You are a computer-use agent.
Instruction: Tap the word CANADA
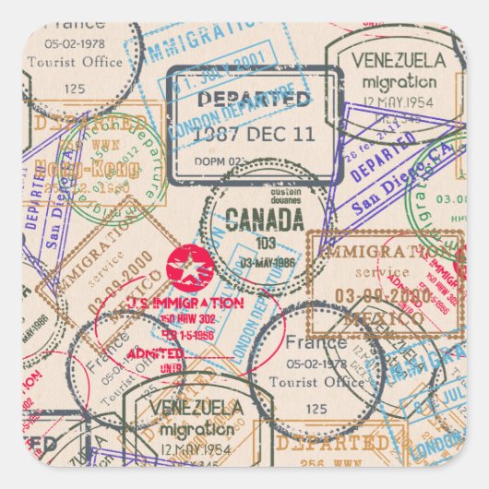pos(265,221)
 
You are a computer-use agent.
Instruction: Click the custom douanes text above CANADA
pos(266,197)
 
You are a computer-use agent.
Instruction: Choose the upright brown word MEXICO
pos(371,318)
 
